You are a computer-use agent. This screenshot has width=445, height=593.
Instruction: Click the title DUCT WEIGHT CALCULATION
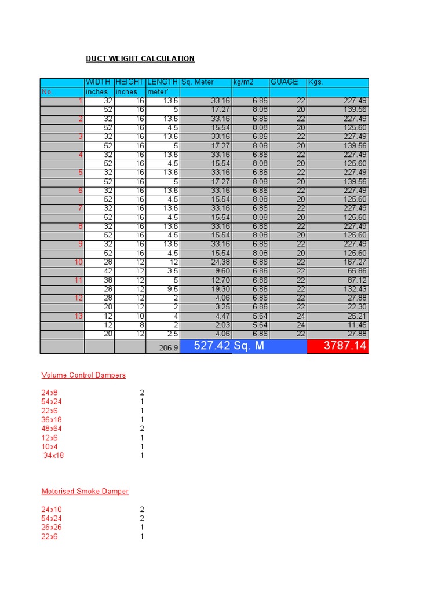[140, 58]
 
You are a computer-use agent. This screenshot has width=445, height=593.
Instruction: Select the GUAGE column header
[284, 82]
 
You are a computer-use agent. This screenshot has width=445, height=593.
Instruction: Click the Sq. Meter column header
[198, 82]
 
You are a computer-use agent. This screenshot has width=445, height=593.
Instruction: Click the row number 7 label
[81, 208]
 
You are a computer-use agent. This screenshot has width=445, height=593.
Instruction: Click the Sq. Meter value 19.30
[221, 289]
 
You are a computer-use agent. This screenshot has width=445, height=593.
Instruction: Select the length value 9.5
[172, 289]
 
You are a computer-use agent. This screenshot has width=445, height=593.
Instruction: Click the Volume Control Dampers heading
[83, 375]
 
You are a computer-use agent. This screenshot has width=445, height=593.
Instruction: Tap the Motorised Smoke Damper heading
[85, 492]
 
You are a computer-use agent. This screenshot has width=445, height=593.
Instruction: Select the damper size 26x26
[52, 528]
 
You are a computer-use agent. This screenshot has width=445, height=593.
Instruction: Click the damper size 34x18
[53, 456]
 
